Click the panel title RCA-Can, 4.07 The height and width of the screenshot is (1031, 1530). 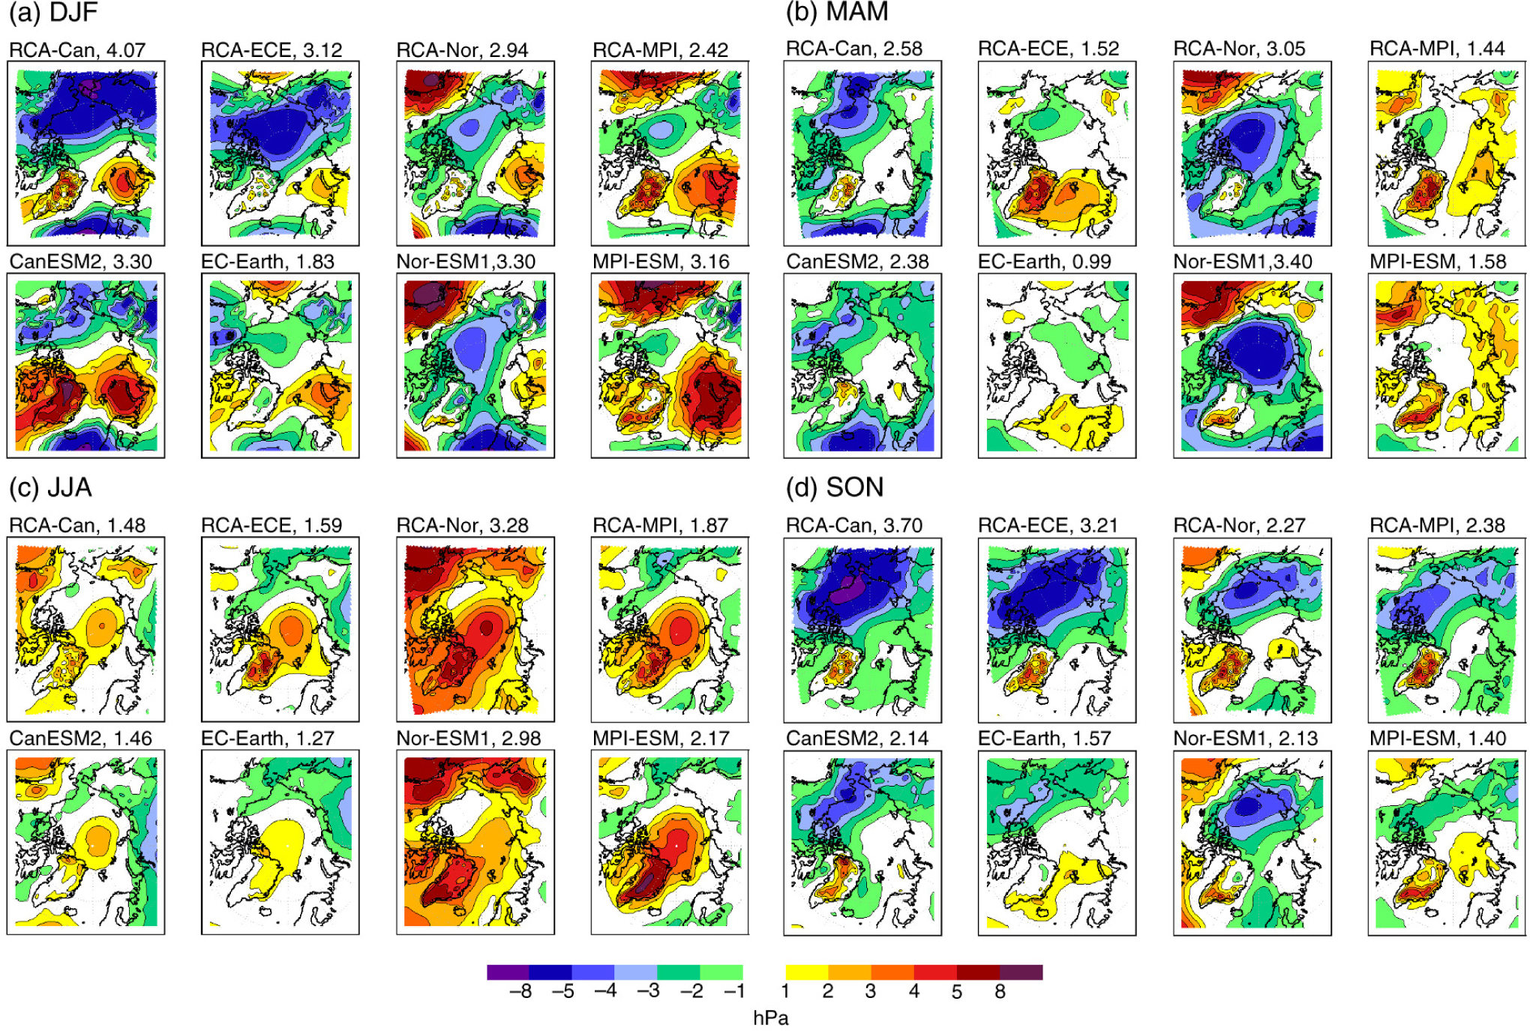77,50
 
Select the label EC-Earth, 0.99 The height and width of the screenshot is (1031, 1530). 1044,262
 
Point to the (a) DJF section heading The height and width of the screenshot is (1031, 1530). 53,13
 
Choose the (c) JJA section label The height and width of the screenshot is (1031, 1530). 50,488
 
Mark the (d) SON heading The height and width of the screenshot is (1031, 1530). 834,488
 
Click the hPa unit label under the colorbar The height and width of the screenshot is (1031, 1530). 770,1018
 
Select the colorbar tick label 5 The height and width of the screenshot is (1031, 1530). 956,992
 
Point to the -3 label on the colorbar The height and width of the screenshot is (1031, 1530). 648,992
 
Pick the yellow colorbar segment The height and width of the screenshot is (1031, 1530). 806,973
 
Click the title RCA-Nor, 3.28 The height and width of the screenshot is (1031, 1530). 462,526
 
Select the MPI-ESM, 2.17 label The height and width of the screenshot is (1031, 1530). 660,739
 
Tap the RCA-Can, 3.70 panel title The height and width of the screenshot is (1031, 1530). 853,526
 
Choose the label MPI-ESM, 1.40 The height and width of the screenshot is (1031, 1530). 1437,739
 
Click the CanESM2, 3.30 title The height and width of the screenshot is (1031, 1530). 80,262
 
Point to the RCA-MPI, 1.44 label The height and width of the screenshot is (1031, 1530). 1437,49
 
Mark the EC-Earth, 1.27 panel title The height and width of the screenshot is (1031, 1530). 267,739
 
